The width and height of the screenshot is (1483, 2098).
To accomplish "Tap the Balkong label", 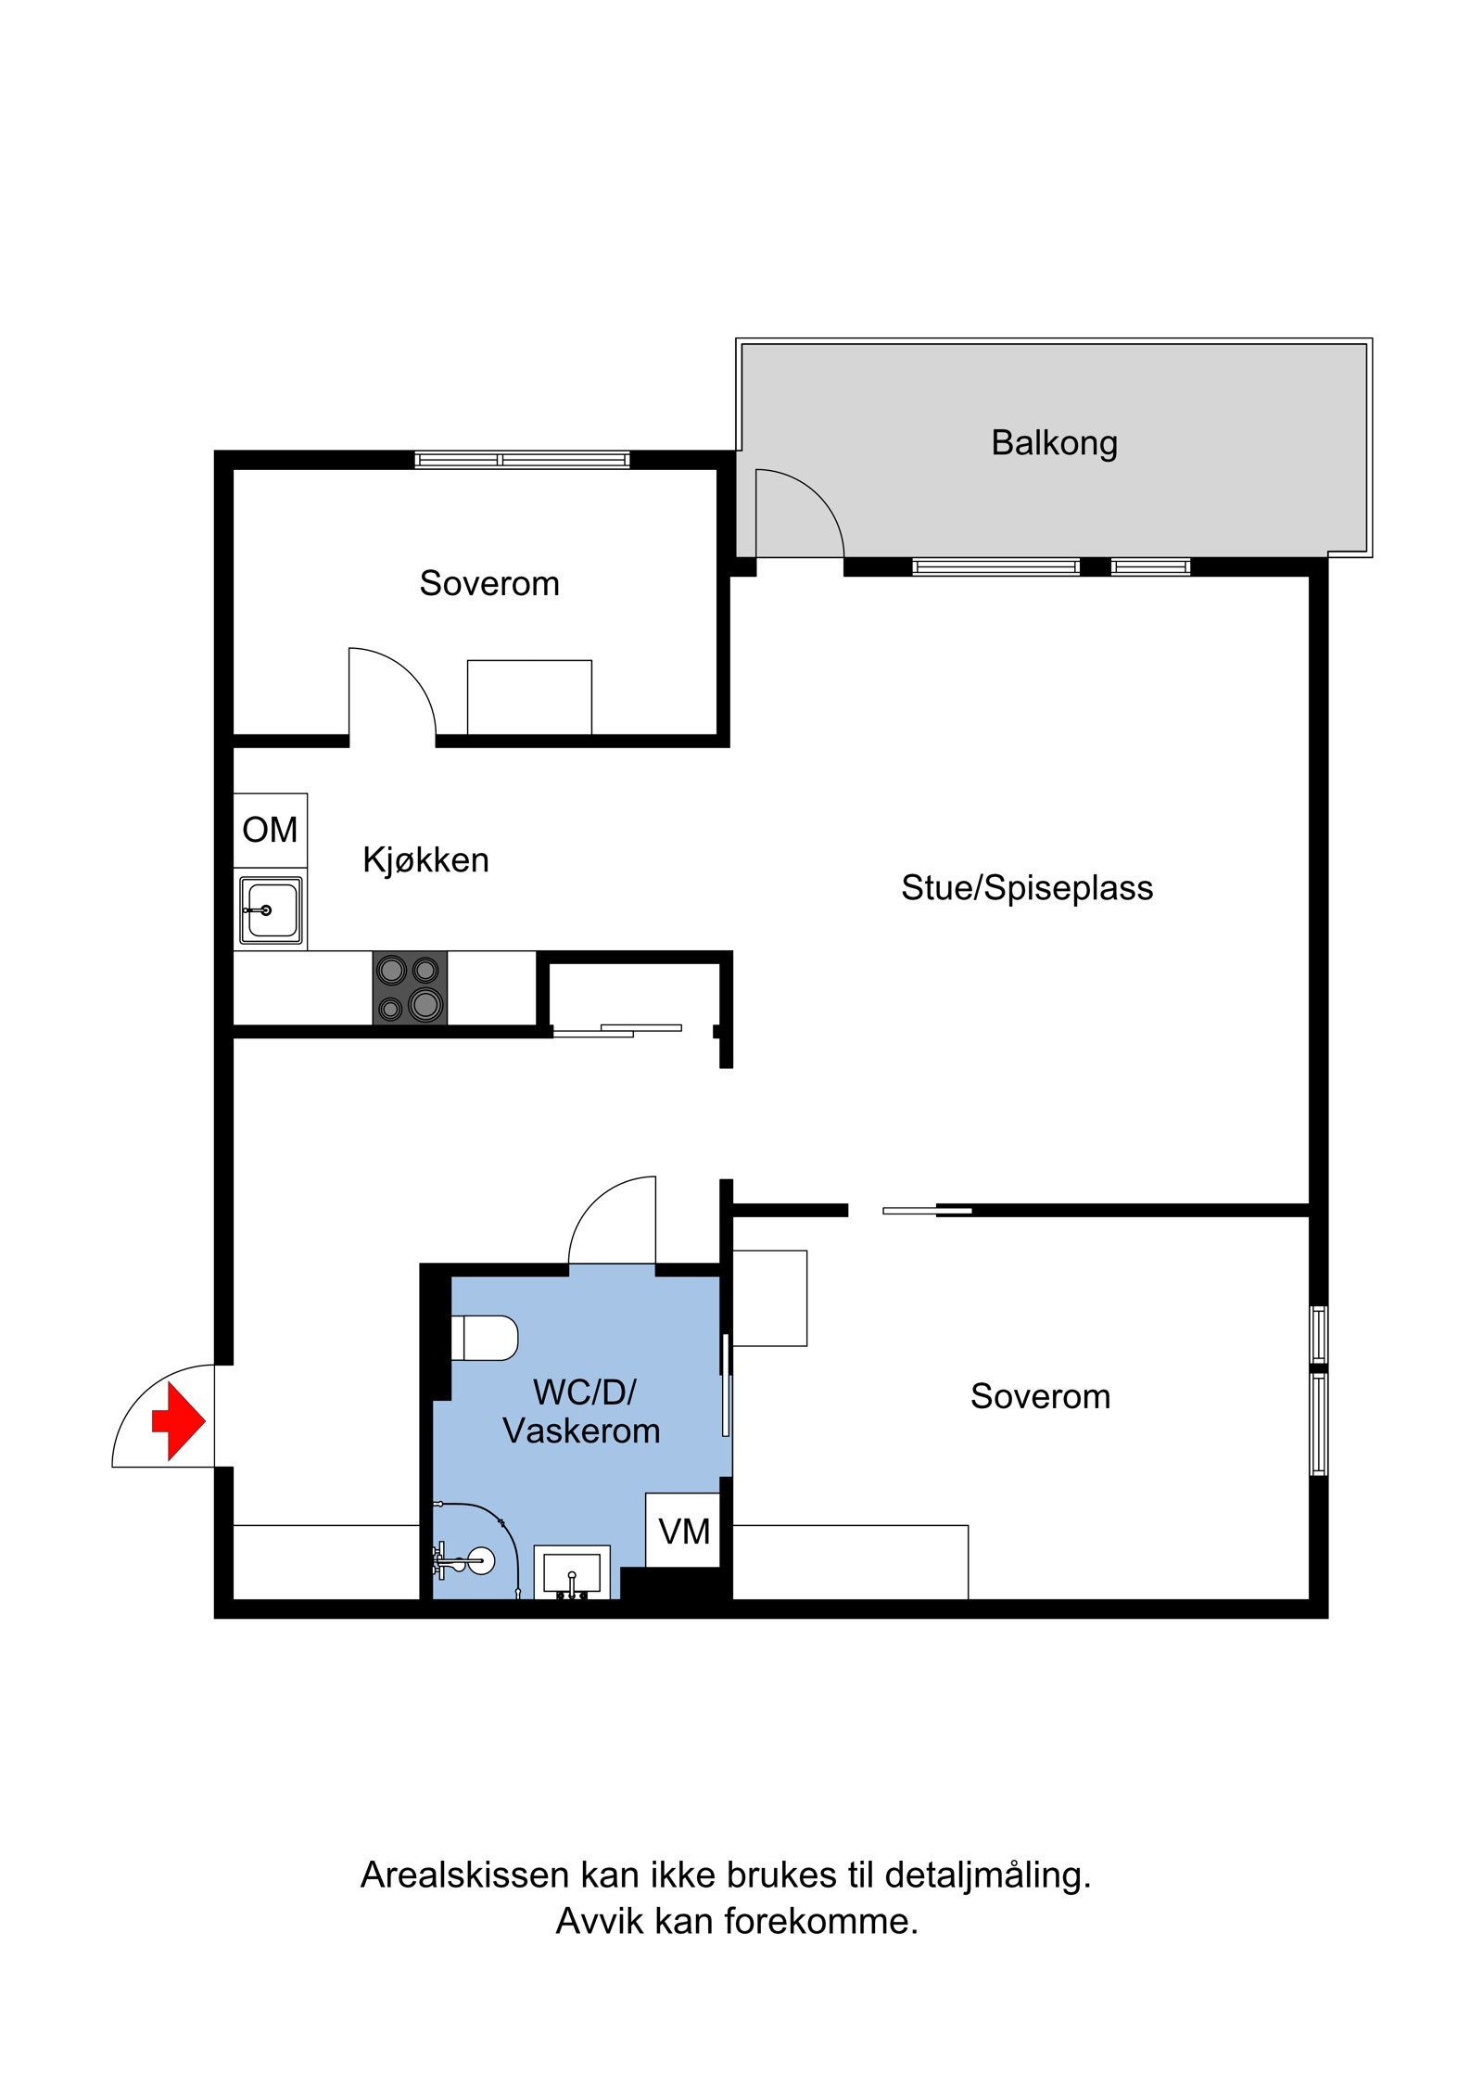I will click(x=1054, y=443).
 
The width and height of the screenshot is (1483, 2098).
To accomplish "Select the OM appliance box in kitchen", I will click(x=270, y=830).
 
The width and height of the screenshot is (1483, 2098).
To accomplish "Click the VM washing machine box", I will click(x=683, y=1532).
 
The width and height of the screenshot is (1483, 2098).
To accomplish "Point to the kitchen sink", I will click(x=270, y=910).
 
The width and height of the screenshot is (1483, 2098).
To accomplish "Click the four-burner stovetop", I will click(x=410, y=987).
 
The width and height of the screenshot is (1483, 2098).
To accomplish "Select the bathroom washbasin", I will click(x=571, y=1573).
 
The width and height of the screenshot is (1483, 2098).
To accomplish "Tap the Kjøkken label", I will click(x=425, y=860).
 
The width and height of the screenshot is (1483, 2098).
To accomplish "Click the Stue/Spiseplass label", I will click(x=1027, y=888).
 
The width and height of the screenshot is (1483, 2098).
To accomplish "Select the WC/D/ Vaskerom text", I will click(x=582, y=1412).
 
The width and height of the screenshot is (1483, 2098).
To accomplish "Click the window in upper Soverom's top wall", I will click(x=522, y=460).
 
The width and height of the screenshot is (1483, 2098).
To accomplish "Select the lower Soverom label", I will click(x=1040, y=1396).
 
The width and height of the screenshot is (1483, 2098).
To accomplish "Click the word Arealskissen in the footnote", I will click(x=463, y=1875).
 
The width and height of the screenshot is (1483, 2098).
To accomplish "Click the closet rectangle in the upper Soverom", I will click(x=529, y=697).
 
